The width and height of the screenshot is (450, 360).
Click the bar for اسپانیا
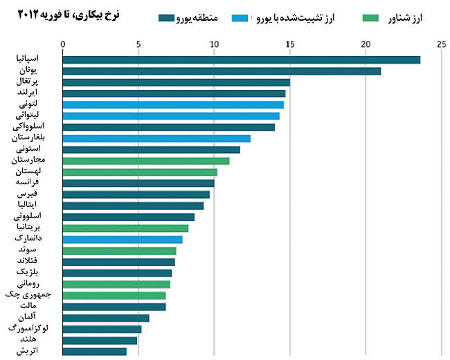(241, 60)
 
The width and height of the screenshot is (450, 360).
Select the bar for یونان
(222, 71)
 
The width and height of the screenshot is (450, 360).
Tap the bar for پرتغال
(176, 82)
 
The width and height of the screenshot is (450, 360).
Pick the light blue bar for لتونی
(173, 105)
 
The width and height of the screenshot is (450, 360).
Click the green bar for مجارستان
(145, 161)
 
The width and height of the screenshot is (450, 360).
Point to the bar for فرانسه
(138, 183)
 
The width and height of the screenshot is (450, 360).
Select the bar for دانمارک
(122, 240)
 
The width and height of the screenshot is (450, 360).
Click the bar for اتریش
(94, 352)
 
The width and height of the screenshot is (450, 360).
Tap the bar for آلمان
(105, 318)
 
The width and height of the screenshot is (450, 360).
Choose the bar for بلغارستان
(156, 138)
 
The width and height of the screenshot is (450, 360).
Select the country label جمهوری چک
(32, 295)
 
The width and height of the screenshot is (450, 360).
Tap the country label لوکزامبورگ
(30, 329)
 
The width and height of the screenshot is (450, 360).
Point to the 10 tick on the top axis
(214, 44)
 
